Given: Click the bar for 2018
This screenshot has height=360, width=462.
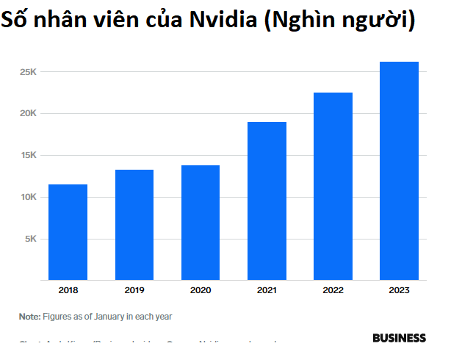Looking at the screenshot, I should tap(68, 232).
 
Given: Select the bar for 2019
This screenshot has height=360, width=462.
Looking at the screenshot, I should tap(134, 225).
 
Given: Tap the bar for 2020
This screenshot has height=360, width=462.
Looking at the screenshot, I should tap(201, 223).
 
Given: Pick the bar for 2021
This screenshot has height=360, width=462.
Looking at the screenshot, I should tap(267, 201).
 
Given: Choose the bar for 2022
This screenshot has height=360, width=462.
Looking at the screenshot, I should tap(333, 186).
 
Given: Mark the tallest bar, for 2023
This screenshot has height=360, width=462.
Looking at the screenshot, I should tap(399, 170).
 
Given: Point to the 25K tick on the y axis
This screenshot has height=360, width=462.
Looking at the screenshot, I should tap(29, 72).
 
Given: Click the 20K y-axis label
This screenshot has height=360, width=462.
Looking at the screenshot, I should tap(29, 114).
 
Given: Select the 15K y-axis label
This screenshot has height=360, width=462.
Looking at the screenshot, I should tap(29, 156).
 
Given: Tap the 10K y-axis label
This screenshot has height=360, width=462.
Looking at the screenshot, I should tap(29, 197).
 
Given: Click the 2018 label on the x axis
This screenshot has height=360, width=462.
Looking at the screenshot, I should tap(68, 291).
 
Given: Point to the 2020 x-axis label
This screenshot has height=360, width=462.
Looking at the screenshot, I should tap(201, 291).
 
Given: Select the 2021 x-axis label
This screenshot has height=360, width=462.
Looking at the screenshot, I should tap(267, 291).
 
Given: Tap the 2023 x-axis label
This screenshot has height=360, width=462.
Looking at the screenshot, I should tap(399, 291).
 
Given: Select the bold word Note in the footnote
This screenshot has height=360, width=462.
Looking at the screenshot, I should tap(29, 317).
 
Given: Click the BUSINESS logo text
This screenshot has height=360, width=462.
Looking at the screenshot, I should tap(399, 338).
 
